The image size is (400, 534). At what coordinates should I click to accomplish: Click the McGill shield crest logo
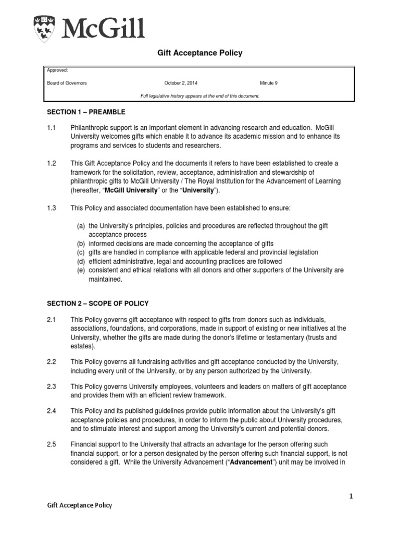[x=46, y=28]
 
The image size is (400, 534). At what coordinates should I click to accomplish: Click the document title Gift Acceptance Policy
[x=200, y=53]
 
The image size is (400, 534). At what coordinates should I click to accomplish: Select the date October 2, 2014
[x=181, y=83]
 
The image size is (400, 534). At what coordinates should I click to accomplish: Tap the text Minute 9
[x=269, y=83]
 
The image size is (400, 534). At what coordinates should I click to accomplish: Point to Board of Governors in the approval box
[x=67, y=83]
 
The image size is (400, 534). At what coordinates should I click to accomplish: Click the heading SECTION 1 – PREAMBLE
[x=86, y=112]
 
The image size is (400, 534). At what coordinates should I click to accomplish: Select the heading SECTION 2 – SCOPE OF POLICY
[x=97, y=304]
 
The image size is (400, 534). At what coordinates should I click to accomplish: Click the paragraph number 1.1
[x=52, y=128]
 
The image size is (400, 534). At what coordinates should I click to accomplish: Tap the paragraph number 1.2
[x=52, y=164]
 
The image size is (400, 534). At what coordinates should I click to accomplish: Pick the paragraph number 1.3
[x=52, y=208]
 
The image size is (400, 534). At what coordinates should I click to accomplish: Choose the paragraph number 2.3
[x=52, y=386]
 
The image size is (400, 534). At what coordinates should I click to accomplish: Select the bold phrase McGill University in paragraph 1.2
[x=131, y=190]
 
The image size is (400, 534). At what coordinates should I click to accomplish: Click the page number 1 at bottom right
[x=351, y=496]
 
